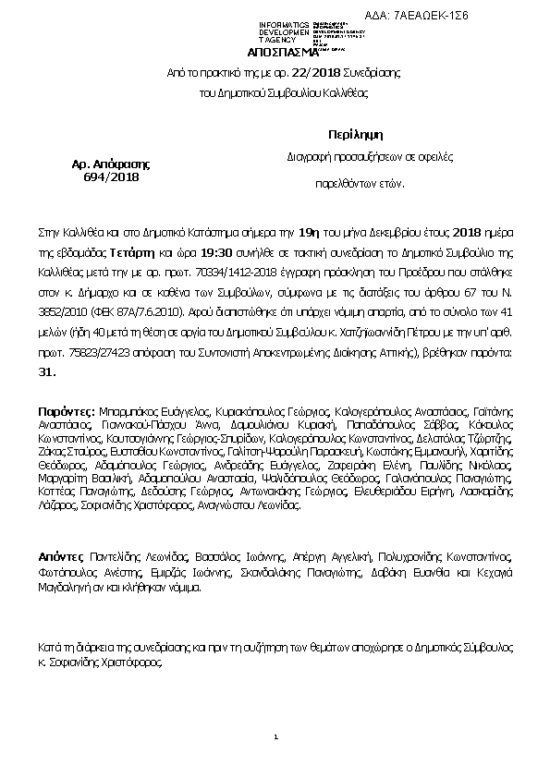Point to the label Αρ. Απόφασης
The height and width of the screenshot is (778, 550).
tap(110, 164)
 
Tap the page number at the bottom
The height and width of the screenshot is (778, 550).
tap(275, 737)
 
